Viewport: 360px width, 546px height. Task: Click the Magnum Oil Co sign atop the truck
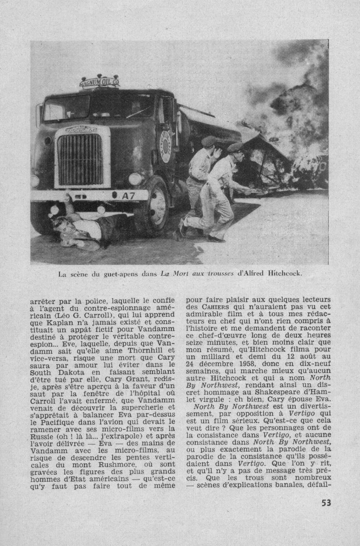pyautogui.click(x=99, y=82)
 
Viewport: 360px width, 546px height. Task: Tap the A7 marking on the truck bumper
pyautogui.click(x=129, y=196)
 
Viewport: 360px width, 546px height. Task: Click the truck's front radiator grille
pyautogui.click(x=80, y=159)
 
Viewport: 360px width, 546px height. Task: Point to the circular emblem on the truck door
pyautogui.click(x=165, y=147)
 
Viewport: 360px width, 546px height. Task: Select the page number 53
pyautogui.click(x=325, y=503)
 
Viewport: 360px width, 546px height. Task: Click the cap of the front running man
pyautogui.click(x=235, y=147)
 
